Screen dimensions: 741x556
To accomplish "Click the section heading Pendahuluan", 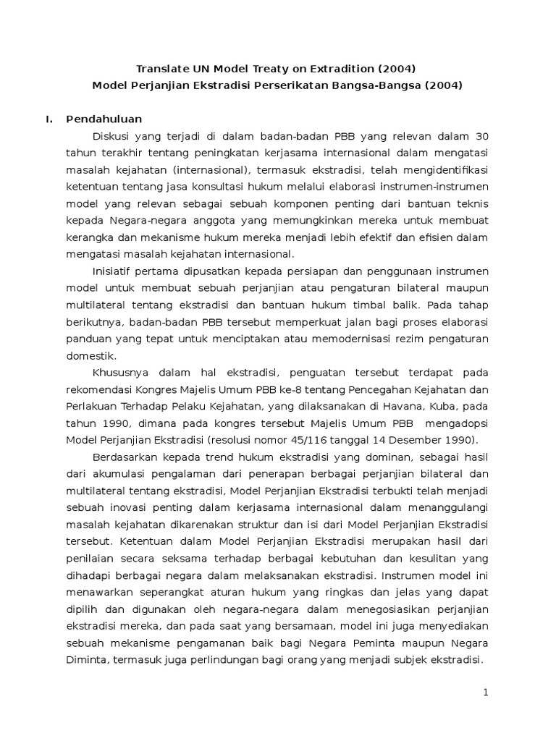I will [x=104, y=119].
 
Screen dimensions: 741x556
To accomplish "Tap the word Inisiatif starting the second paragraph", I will [x=114, y=271].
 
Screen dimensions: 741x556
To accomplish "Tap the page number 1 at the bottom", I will [x=486, y=692].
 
